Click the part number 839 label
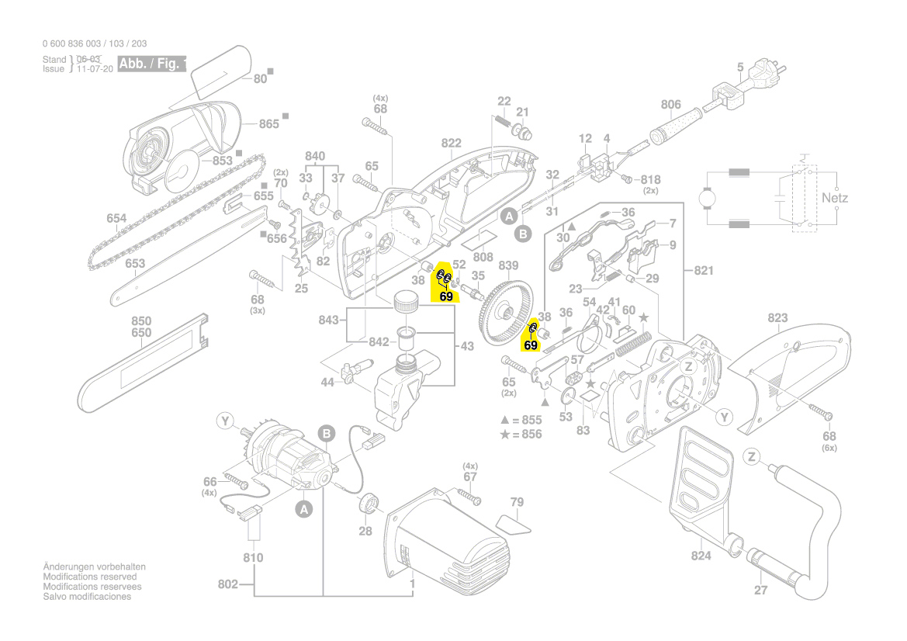508,265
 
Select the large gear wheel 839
509,312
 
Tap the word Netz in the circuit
835,198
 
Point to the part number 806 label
670,105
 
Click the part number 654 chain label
116,219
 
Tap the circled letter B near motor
327,433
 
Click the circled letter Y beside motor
225,421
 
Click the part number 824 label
701,556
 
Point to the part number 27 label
760,591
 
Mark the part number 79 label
517,502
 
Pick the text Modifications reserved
89,577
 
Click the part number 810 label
253,557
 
